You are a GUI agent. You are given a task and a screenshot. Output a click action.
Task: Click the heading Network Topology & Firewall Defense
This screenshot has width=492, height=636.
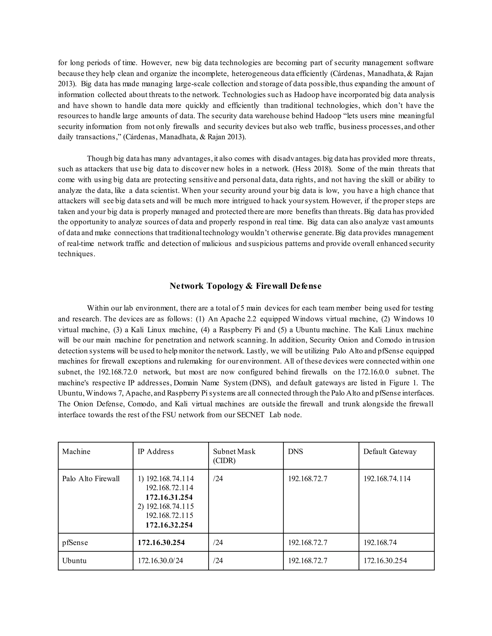click(x=246, y=286)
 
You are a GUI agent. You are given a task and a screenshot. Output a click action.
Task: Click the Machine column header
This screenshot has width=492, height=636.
click(x=76, y=451)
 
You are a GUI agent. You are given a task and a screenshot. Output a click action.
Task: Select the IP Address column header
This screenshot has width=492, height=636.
click(x=156, y=451)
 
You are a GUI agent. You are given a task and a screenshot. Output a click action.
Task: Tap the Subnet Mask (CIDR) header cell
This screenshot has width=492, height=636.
click(x=234, y=456)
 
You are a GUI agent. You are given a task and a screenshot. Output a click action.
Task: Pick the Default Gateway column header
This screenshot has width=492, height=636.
click(x=390, y=451)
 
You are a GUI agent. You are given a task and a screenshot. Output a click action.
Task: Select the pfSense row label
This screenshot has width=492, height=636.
click(x=75, y=543)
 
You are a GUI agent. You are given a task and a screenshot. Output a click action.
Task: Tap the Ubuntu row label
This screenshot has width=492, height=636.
click(x=74, y=561)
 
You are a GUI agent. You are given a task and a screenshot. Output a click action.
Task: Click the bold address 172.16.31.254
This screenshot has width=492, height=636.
click(x=169, y=497)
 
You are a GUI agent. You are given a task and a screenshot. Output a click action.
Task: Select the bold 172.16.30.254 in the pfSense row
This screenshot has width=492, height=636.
click(x=161, y=543)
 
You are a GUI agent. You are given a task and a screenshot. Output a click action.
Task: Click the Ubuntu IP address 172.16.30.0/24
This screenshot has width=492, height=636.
click(x=160, y=561)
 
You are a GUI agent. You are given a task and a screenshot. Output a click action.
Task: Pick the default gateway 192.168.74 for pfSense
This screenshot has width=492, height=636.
click(x=380, y=543)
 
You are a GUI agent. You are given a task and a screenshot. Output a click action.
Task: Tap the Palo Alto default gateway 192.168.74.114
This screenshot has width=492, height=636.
click(x=387, y=479)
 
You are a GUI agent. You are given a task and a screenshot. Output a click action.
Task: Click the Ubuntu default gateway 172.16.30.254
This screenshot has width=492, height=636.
click(x=385, y=561)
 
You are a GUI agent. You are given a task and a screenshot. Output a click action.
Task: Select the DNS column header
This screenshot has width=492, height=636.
click(x=295, y=451)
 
